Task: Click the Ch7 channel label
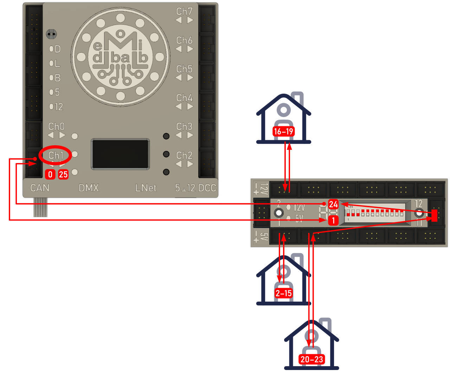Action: pos(184,12)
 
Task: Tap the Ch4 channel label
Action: pos(184,98)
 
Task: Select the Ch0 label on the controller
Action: pos(56,127)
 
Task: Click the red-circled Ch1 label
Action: pos(56,155)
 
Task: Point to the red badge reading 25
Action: pos(63,174)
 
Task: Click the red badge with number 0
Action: pos(50,174)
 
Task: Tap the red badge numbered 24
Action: pos(333,204)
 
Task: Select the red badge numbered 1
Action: pos(333,220)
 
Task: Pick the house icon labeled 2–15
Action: pos(284,280)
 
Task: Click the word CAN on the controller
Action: pos(40,188)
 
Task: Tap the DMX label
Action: pos(89,188)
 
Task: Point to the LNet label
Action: pos(146,188)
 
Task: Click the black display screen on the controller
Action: pos(120,154)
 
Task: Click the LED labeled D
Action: pos(51,49)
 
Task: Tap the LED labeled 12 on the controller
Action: pos(51,106)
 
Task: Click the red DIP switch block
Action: pos(375,213)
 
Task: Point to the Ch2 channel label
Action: pos(184,155)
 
